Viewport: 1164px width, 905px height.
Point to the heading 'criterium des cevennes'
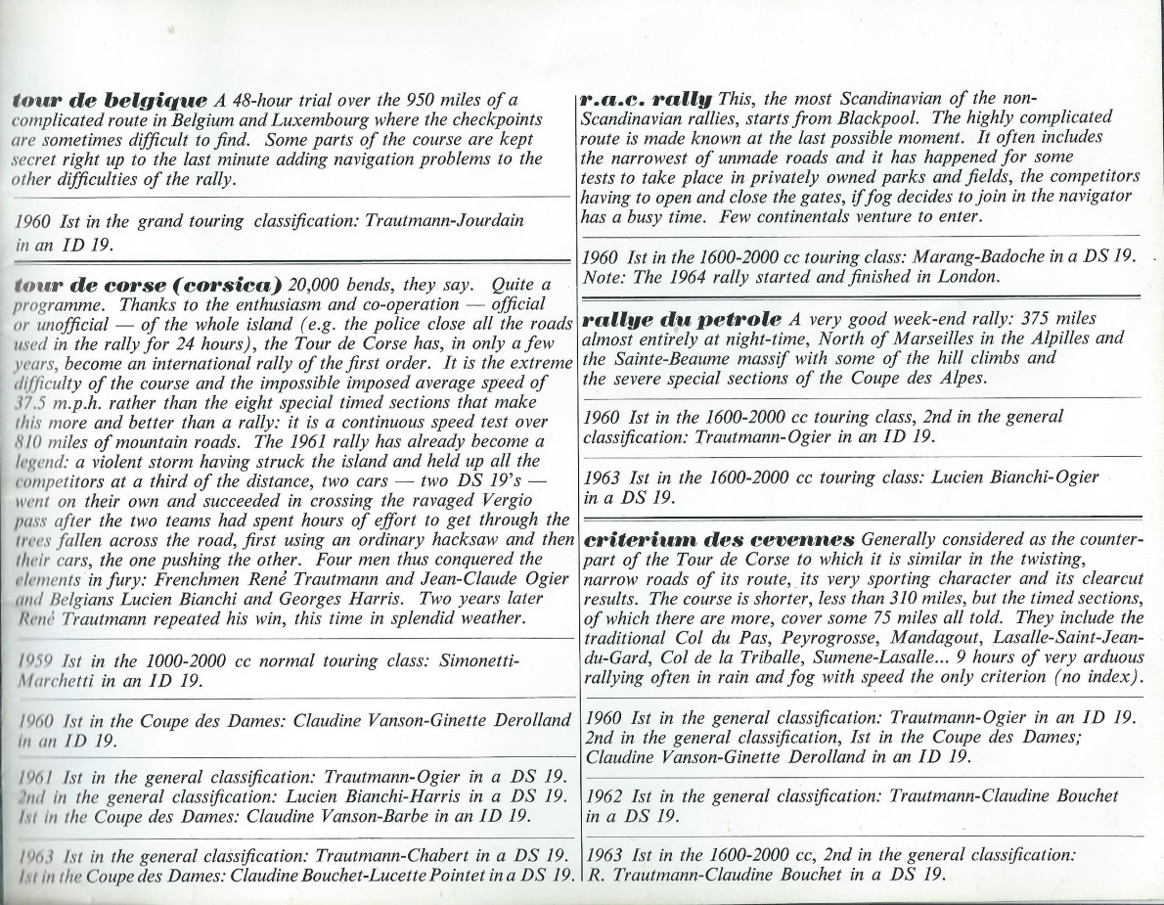tap(719, 539)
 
